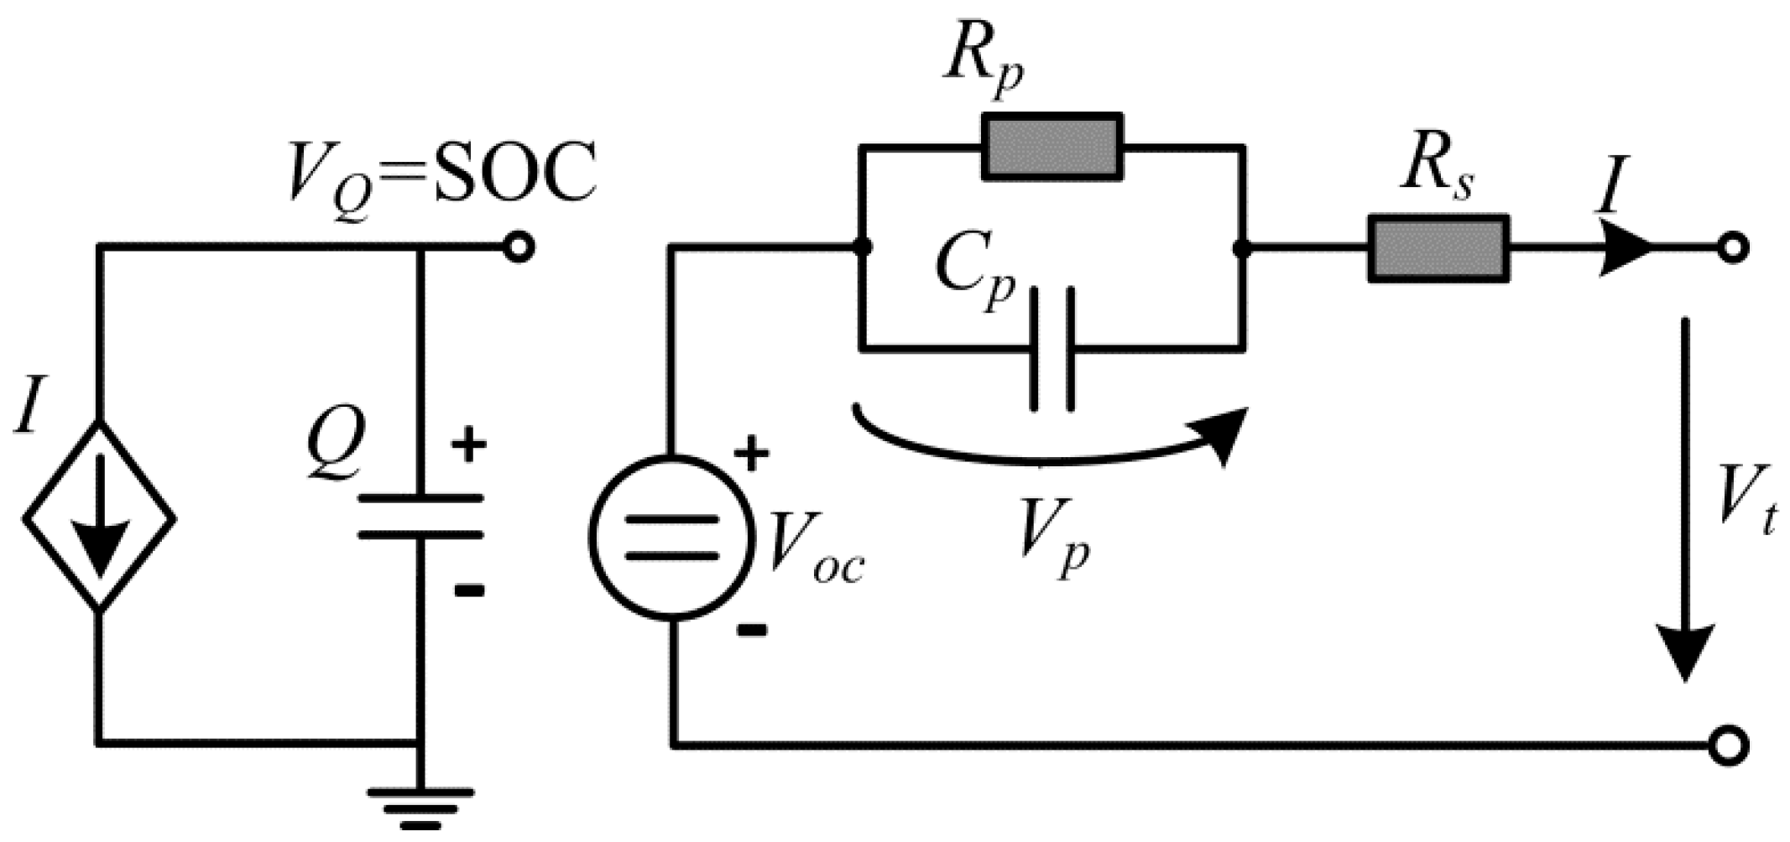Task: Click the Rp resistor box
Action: click(1052, 147)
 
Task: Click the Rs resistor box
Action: click(1438, 248)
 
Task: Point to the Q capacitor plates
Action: click(420, 516)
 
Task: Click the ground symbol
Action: click(420, 806)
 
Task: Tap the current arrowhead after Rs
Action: click(1624, 248)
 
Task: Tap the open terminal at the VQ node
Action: click(519, 248)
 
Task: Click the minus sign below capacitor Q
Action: click(469, 591)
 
